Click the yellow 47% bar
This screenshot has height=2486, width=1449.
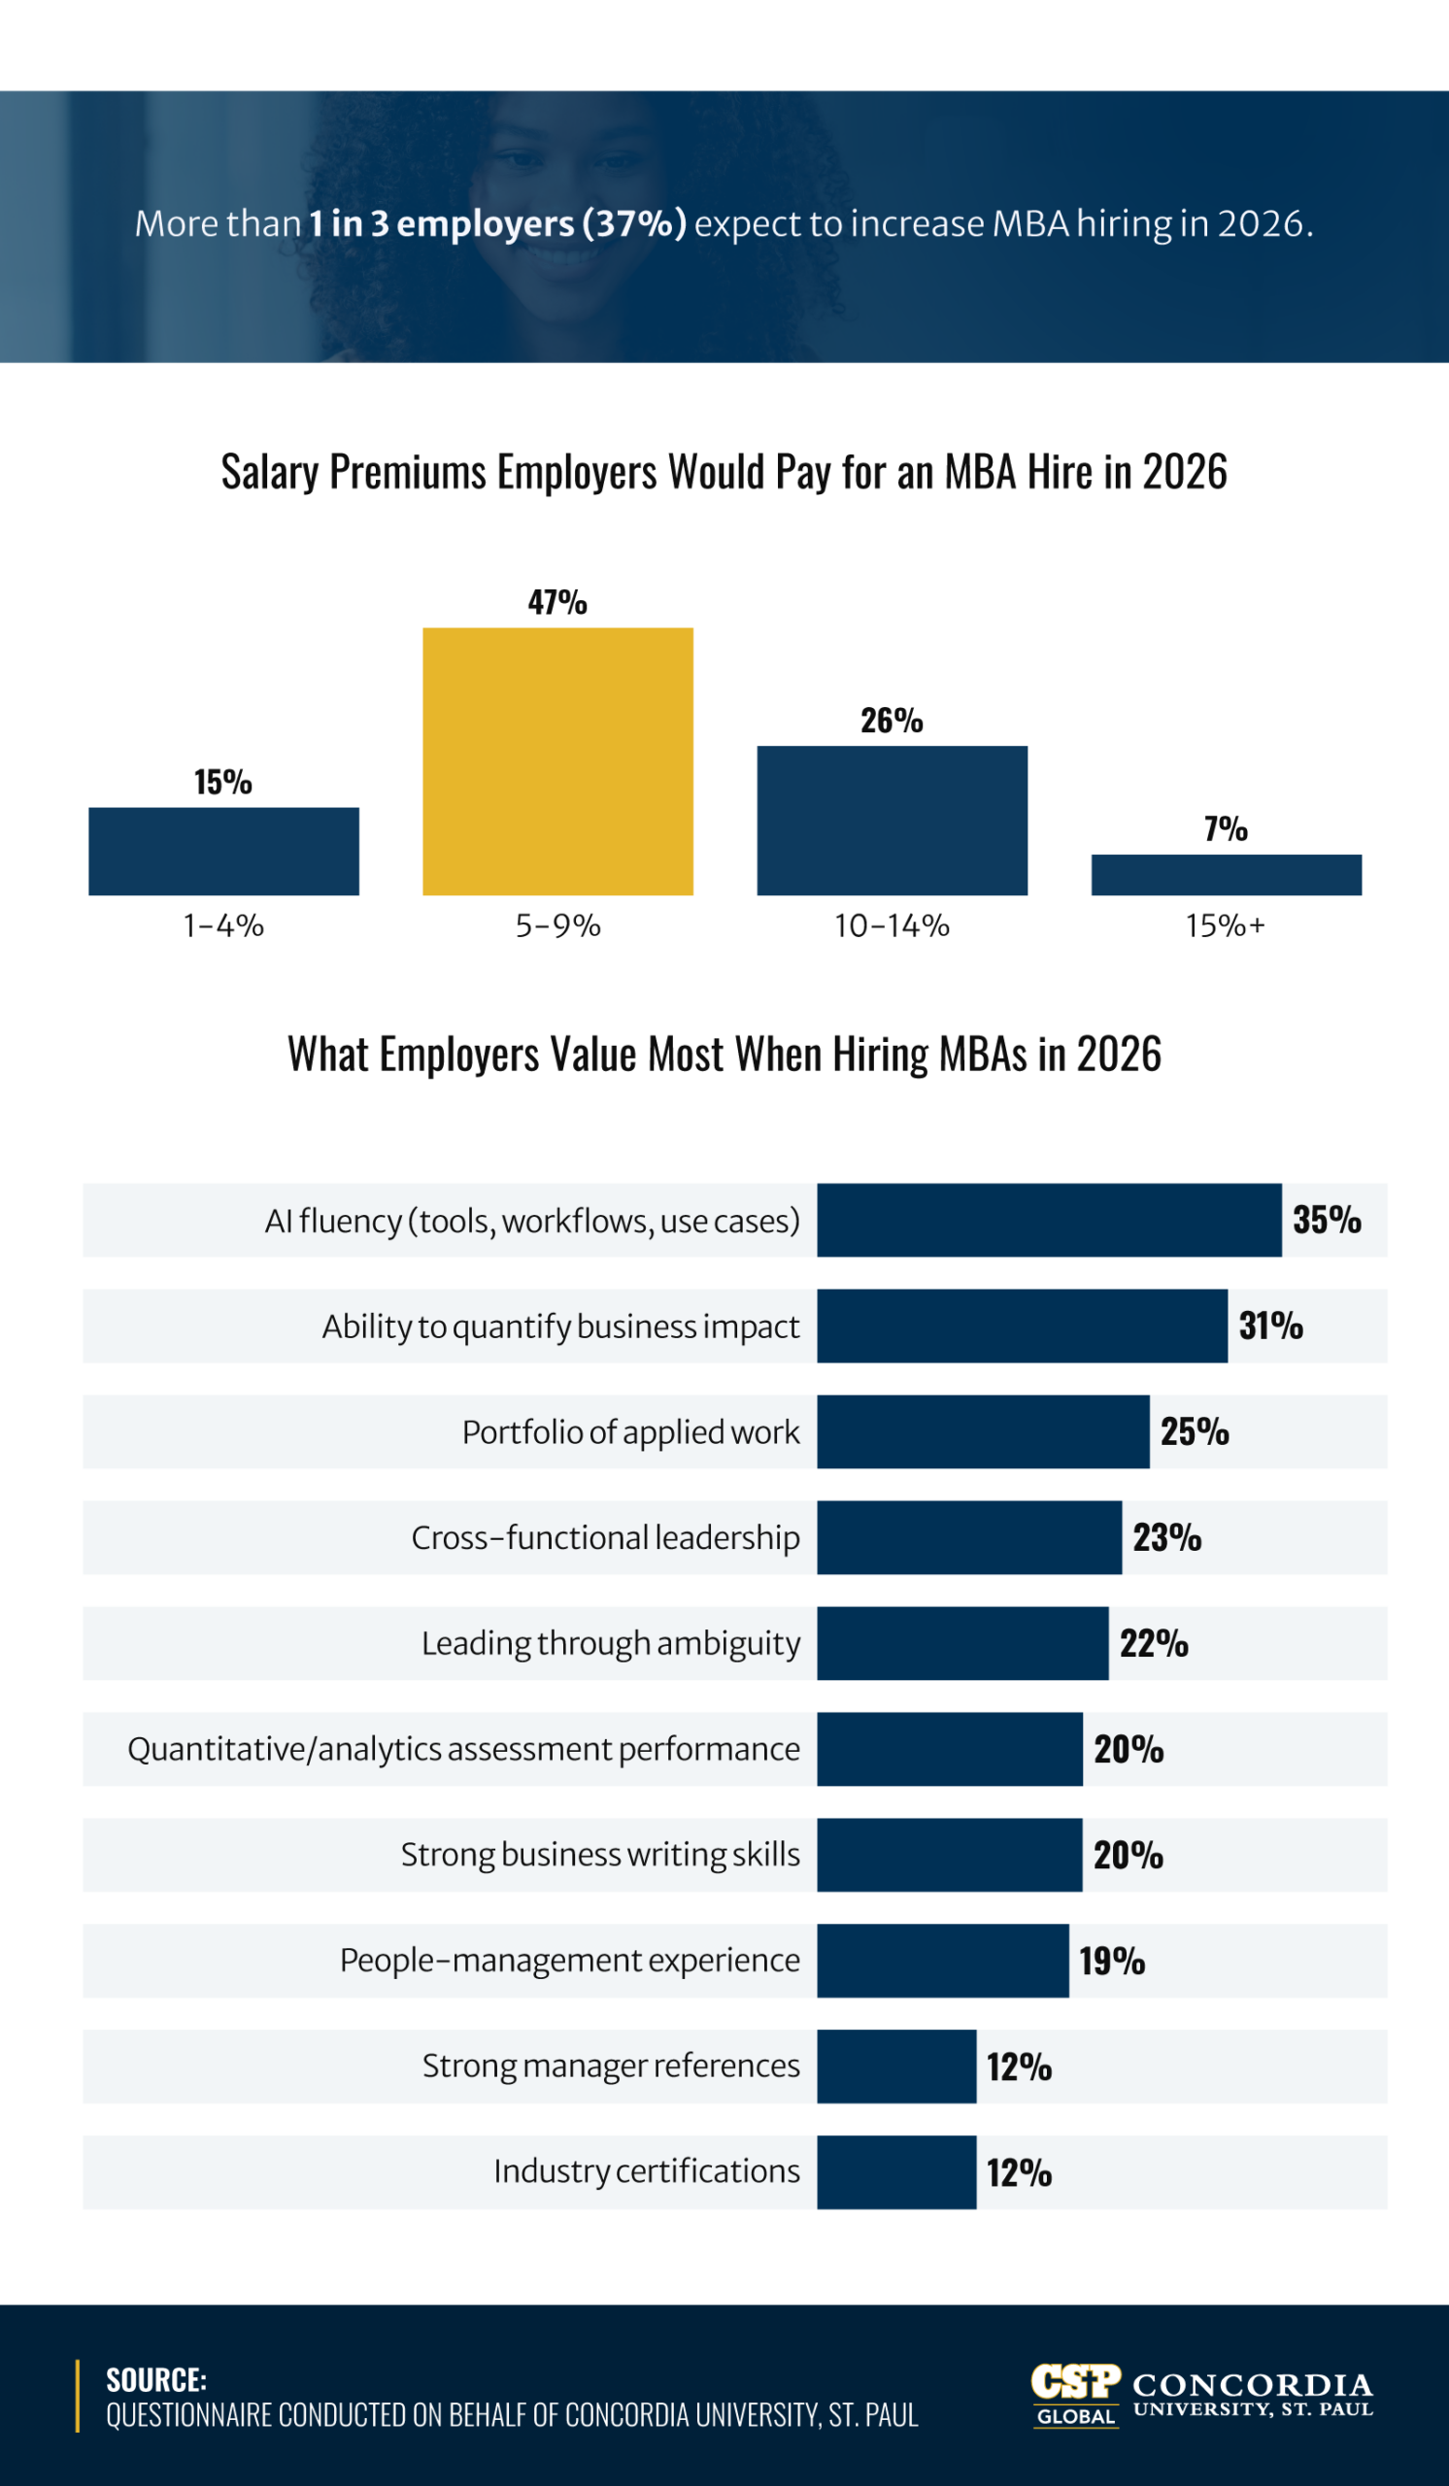(x=557, y=760)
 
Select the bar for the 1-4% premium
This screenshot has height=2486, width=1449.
(x=223, y=851)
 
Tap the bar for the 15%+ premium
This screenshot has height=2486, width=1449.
(x=1225, y=874)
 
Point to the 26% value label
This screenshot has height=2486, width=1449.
(x=891, y=722)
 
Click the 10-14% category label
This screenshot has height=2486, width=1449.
(x=891, y=925)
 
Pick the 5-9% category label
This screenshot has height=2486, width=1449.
(x=557, y=925)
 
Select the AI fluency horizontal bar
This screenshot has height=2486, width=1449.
(x=1049, y=1221)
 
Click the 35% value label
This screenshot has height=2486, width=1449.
(x=1326, y=1221)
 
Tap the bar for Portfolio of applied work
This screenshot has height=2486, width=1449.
(x=983, y=1431)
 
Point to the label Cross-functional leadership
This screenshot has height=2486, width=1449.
(x=605, y=1537)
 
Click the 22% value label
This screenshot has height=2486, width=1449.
(x=1153, y=1643)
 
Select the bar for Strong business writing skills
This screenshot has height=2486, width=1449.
(x=949, y=1855)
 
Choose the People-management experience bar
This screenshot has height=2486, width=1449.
(x=942, y=1961)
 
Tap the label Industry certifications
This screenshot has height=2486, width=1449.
(x=646, y=2171)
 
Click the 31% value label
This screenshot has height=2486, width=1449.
(x=1270, y=1326)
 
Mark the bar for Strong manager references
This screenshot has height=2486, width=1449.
(x=895, y=2066)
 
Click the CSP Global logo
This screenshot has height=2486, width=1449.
(x=1075, y=2396)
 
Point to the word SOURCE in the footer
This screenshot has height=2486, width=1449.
(x=155, y=2379)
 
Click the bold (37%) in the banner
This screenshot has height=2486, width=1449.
(x=633, y=224)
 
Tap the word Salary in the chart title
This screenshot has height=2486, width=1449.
(x=269, y=473)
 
